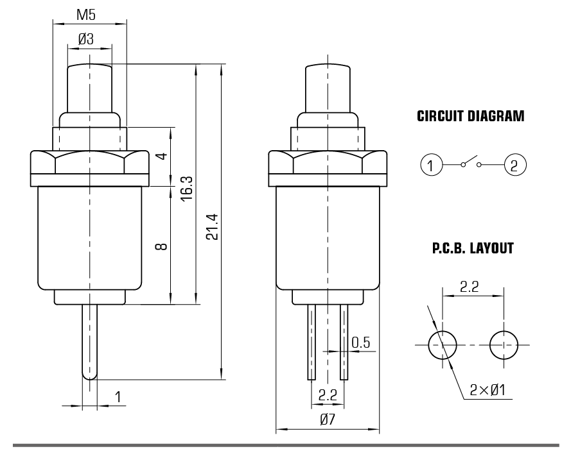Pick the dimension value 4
162,157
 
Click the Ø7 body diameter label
328,420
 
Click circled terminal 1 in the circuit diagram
432,165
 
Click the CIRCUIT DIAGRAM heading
471,117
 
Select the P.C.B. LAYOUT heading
471,249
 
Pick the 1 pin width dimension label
118,397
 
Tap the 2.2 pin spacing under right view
328,396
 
